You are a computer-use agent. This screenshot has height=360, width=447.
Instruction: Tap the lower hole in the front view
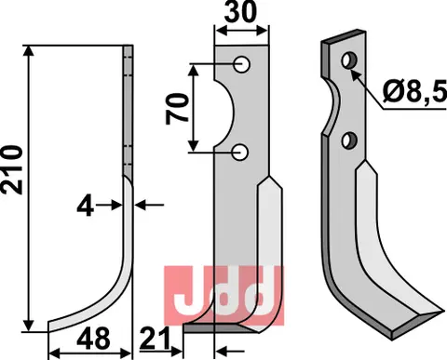[241, 151]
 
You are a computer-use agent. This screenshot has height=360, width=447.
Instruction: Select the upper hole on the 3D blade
[351, 60]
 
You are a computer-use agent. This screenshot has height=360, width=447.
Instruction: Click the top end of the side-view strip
[128, 47]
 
